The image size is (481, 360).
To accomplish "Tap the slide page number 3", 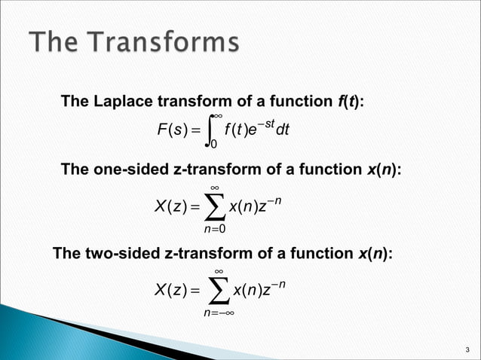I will (467, 349).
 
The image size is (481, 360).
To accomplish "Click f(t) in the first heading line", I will (350, 101).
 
